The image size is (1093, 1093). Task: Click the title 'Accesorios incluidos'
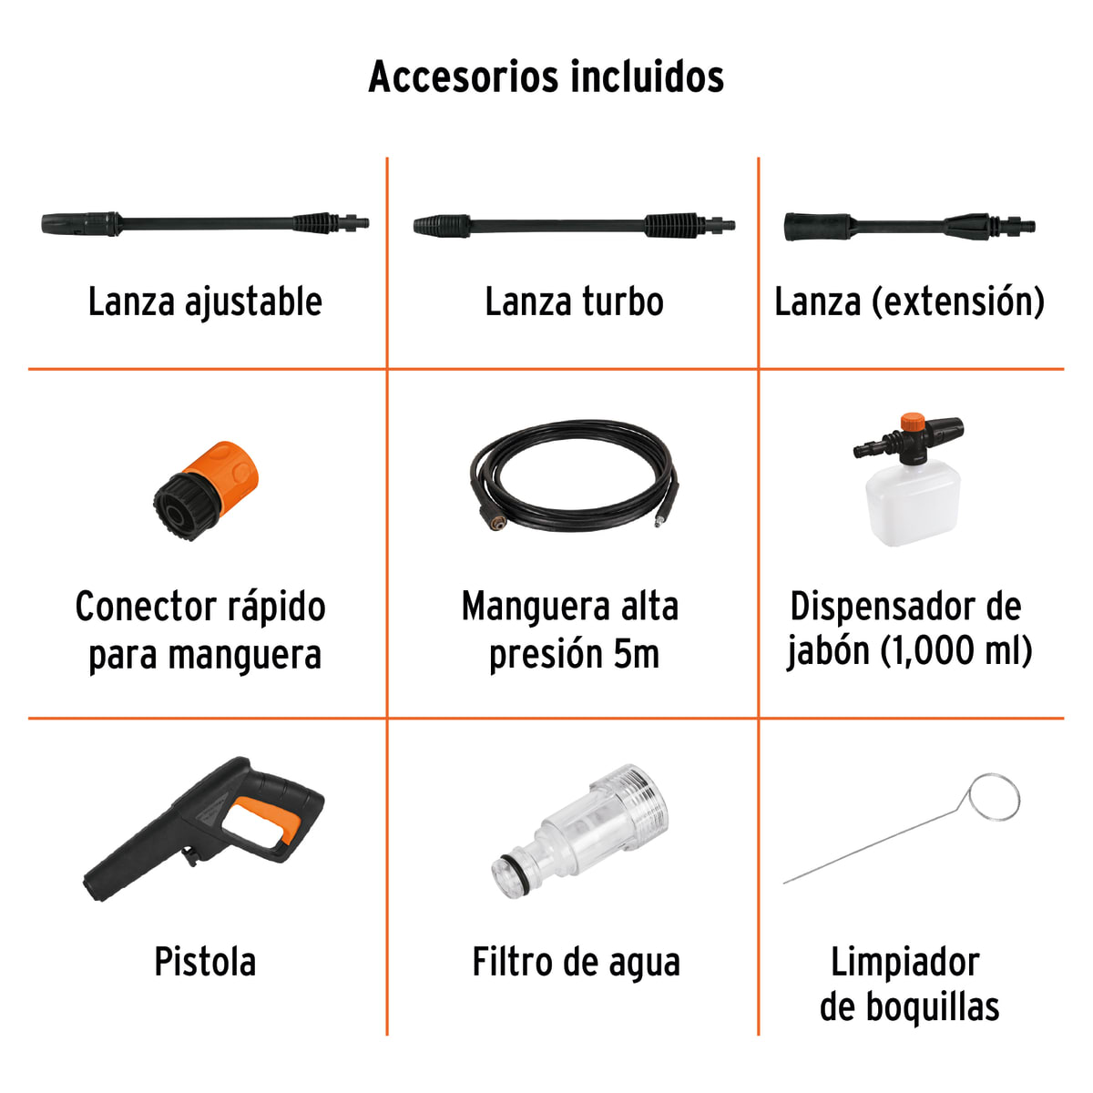[x=546, y=77]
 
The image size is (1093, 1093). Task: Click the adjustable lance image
[x=206, y=222]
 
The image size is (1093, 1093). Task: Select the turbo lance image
[x=574, y=225]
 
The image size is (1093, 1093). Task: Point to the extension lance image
[x=909, y=226]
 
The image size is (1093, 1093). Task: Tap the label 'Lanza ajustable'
[x=205, y=302]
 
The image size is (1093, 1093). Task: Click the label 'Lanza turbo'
[x=574, y=302]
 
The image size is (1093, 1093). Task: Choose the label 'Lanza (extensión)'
[x=909, y=302]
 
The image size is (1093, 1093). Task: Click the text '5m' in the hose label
[x=635, y=655]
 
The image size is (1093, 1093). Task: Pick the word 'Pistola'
[x=205, y=963]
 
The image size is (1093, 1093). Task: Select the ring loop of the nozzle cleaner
[x=994, y=798]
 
